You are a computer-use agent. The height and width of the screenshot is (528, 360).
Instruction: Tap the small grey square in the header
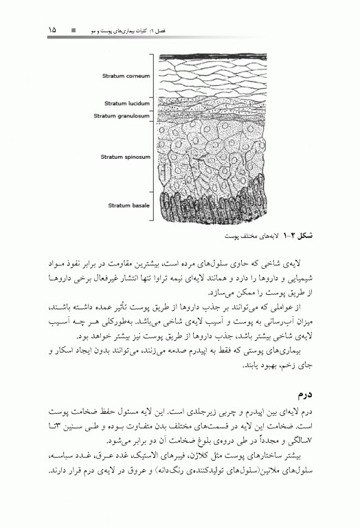click(75, 31)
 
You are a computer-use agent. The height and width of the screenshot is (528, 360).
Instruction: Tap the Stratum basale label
click(128, 204)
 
